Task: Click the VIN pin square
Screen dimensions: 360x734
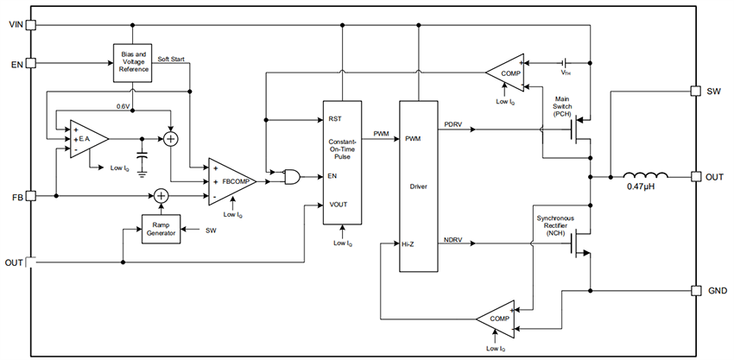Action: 31,25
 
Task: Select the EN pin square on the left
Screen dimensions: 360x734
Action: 31,63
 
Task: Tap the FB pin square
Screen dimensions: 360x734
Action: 31,196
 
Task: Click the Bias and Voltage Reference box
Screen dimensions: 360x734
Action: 134,63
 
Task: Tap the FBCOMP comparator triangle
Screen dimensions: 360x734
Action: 229,182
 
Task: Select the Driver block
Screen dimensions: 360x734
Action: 418,186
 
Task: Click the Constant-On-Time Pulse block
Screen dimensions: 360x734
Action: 343,162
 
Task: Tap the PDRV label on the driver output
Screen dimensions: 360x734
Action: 453,123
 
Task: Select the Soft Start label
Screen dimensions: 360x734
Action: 175,59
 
